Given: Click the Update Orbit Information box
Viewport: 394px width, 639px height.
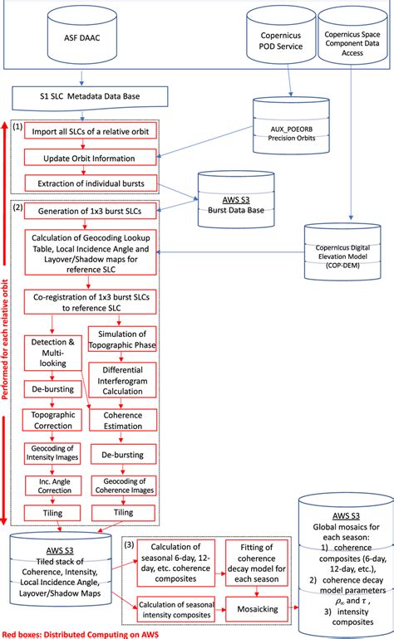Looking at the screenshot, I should coord(87,158).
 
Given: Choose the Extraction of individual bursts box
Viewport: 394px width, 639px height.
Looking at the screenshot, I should coord(87,183).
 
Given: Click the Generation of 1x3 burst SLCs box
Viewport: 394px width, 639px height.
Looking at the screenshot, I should coord(88,212).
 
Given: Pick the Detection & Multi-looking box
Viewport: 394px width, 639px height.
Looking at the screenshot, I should coord(54,349).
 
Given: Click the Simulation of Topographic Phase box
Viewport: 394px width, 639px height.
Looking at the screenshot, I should coord(122,339).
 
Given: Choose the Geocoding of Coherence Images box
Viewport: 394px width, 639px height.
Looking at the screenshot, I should coord(122,485).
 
